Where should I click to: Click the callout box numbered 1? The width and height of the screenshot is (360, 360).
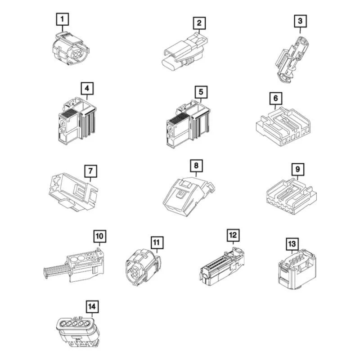(x=63, y=19)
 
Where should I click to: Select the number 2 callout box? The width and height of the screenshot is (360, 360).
(x=199, y=23)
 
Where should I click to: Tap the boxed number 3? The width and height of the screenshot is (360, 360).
(x=300, y=21)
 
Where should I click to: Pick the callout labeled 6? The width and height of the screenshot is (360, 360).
(x=276, y=98)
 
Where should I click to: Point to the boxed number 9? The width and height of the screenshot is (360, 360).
(x=297, y=169)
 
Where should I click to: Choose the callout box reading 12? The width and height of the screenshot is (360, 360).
(x=233, y=235)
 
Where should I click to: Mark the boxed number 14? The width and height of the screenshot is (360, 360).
(x=92, y=306)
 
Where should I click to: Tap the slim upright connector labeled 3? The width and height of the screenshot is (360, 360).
(x=291, y=59)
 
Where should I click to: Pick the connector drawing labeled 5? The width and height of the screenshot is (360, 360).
(x=188, y=125)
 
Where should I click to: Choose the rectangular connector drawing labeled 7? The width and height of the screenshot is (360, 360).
(x=73, y=193)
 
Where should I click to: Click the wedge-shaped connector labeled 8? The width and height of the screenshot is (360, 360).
(x=189, y=196)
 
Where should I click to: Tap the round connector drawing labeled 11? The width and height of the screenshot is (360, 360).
(x=143, y=267)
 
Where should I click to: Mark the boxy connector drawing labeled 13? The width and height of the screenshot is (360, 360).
(x=297, y=269)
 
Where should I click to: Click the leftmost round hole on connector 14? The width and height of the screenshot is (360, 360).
(x=63, y=324)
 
